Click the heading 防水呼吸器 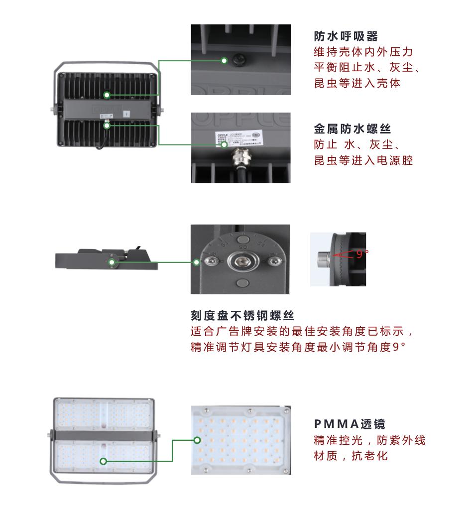(346, 36)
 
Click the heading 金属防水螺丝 (352, 129)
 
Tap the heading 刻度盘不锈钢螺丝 (242, 316)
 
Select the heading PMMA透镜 (350, 424)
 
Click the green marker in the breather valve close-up (225, 61)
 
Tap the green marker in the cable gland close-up (225, 145)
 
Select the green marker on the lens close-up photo (197, 440)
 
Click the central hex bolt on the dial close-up (241, 260)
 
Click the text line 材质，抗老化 (351, 456)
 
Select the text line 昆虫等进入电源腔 (363, 161)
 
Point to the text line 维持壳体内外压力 (363, 52)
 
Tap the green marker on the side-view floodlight (113, 262)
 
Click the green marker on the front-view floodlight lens (104, 461)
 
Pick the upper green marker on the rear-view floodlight (107, 95)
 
